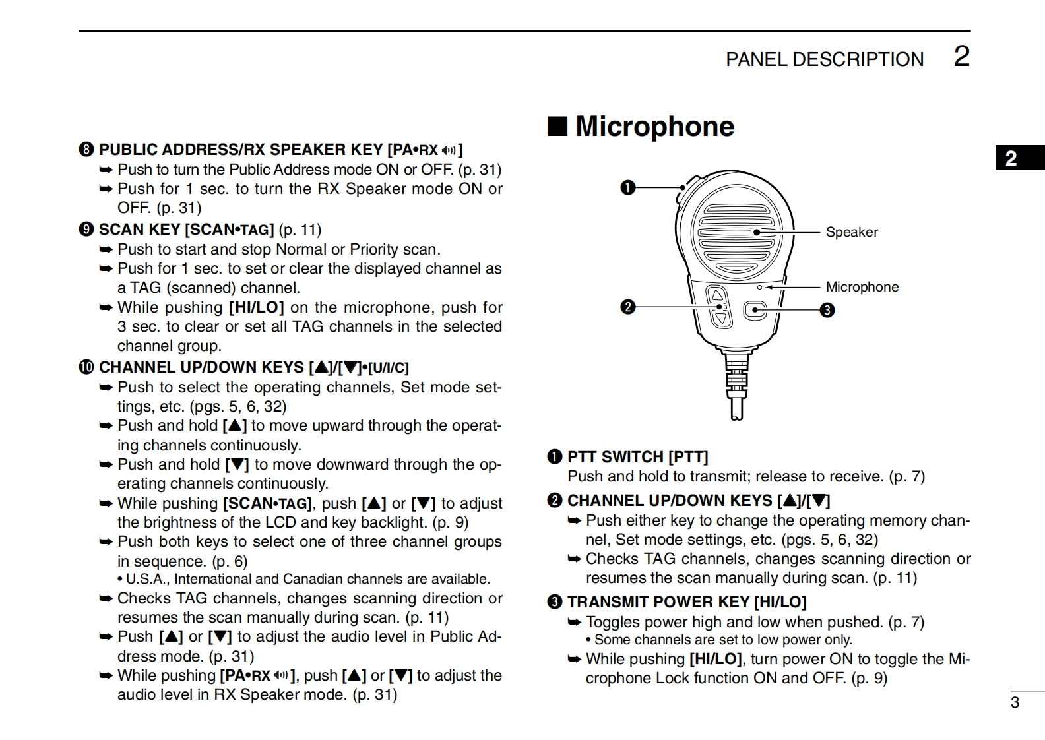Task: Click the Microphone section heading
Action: pos(654,127)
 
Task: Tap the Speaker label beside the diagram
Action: pos(852,232)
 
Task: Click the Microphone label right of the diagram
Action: pos(862,287)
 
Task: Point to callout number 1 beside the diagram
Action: pos(628,188)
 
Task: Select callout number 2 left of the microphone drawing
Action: pos(628,307)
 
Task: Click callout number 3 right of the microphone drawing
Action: pos(827,310)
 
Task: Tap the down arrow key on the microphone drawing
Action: pos(720,319)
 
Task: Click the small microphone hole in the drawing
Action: pos(760,288)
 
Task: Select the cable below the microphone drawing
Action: pos(736,389)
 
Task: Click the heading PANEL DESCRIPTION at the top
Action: pos(825,59)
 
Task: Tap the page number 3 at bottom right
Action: pos(1015,702)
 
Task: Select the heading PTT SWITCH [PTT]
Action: pos(637,457)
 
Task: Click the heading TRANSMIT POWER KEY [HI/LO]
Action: pos(686,602)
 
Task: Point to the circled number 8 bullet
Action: pos(86,150)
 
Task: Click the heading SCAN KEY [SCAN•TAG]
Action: pos(186,230)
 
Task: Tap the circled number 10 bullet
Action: pos(86,367)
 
